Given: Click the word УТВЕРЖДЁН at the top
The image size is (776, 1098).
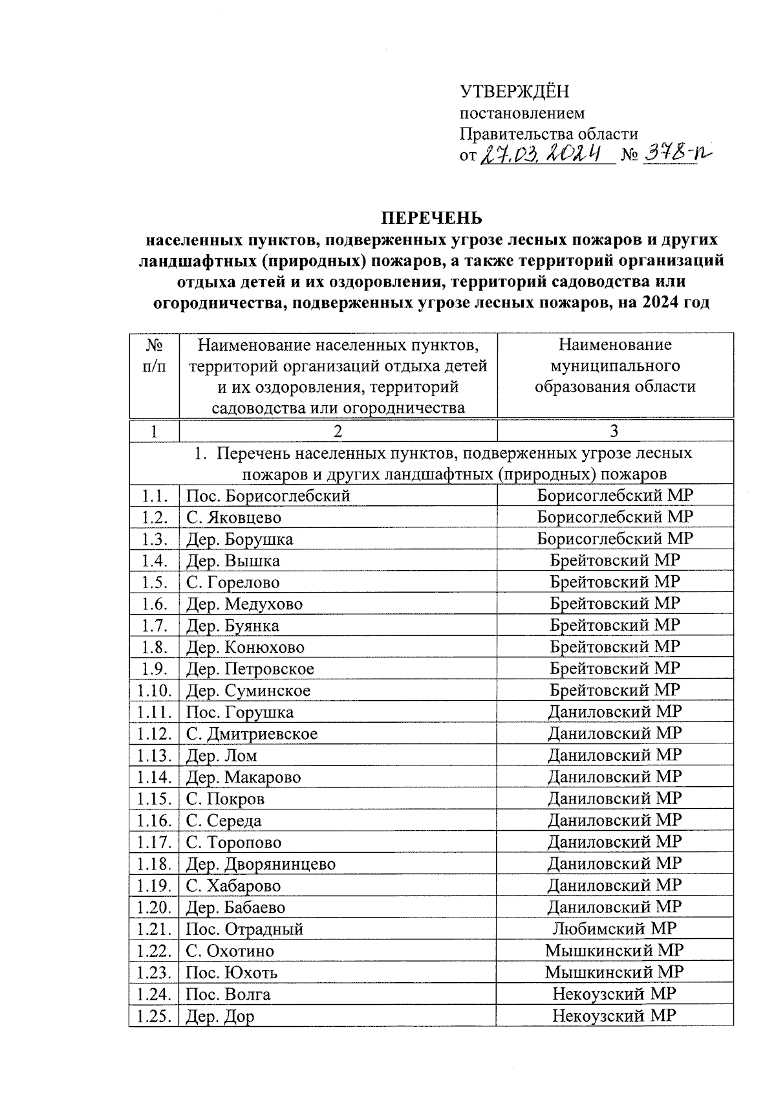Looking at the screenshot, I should tap(513, 92).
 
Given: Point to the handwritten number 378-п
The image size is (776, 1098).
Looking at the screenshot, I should tap(673, 154).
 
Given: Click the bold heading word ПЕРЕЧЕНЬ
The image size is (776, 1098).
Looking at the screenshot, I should tap(431, 217).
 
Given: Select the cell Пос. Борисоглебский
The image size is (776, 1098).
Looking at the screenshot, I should tap(268, 496).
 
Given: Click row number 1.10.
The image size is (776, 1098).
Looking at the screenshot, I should tap(154, 691).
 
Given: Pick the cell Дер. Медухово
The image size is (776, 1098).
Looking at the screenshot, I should tap(244, 604).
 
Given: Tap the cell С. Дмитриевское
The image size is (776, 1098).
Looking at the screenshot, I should tap(252, 734).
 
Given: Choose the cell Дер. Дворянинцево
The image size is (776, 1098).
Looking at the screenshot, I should tap(261, 864).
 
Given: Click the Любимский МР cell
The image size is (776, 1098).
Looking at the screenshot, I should tap(614, 928).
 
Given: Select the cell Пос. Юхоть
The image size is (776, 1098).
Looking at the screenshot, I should tap(232, 972).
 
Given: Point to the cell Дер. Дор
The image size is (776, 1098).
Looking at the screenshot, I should tap(220, 1016).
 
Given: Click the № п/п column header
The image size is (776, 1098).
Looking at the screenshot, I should tap(154, 356).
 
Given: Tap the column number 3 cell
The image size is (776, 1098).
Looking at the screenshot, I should tap(614, 432).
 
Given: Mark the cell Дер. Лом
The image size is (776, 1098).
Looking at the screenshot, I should tap(222, 756).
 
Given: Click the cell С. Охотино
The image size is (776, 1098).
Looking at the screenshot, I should tap(230, 951).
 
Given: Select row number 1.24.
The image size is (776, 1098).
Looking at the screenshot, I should tap(154, 994).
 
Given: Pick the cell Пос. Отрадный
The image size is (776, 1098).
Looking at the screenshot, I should tap(244, 930).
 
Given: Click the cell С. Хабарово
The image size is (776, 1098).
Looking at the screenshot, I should tap(233, 886).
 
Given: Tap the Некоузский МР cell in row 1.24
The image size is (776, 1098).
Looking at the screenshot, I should tap(614, 994).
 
